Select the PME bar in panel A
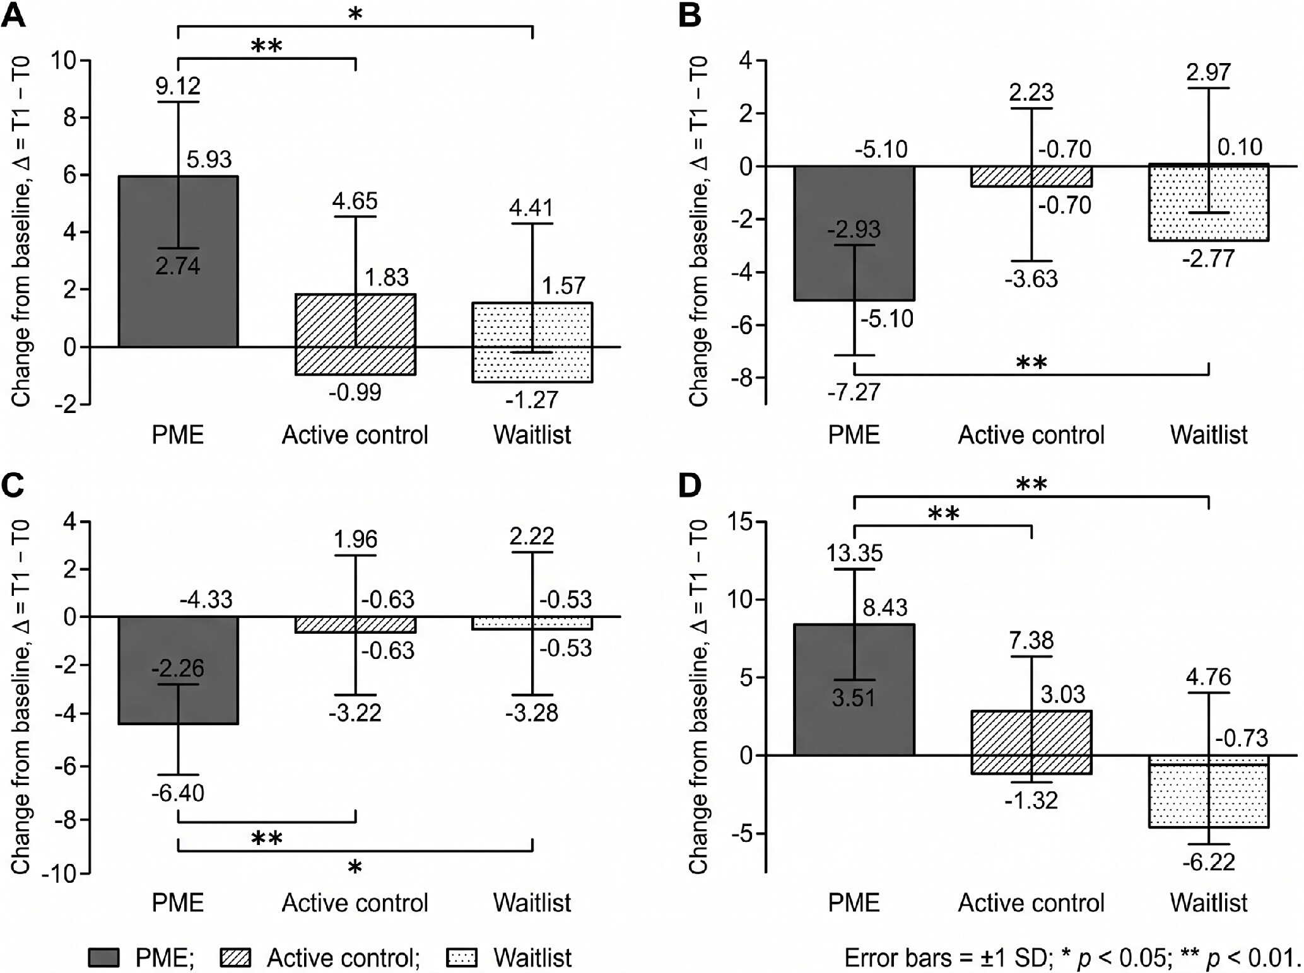178,261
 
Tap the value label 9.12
178,86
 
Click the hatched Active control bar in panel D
1031,742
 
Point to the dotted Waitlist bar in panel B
1209,202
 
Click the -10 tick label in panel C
59,873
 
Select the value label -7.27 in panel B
854,392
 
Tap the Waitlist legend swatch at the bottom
462,957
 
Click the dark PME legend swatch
103,957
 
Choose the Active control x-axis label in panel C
355,903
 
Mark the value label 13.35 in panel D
855,553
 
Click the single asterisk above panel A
355,14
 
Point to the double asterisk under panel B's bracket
1032,363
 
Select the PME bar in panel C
178,670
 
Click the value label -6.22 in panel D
1209,861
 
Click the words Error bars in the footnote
898,957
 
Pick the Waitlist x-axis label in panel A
532,434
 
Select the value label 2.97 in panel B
1209,73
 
